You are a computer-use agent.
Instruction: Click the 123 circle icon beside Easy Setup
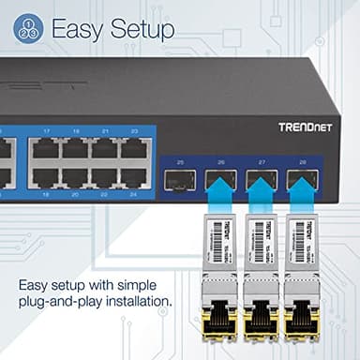[28, 29]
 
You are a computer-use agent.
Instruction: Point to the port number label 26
[220, 161]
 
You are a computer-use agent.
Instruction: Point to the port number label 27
[262, 161]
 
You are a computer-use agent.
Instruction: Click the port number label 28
[302, 161]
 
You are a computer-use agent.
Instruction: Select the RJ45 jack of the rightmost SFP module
[301, 323]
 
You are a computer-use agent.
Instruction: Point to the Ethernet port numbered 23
[134, 147]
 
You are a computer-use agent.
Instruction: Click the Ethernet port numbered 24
[134, 175]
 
